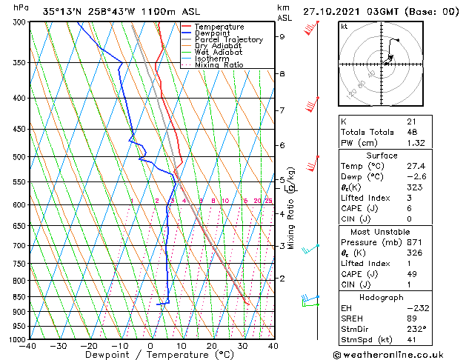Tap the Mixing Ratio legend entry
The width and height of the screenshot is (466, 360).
pos(219,65)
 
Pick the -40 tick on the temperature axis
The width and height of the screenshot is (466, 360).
pos(28,346)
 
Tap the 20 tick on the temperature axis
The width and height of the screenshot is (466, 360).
pos(211,346)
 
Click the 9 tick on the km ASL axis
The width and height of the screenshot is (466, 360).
pos(282,36)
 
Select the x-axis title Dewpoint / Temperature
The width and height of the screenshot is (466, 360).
pos(150,356)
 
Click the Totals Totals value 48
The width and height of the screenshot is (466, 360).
pos(411,132)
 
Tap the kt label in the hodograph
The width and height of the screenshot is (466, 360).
pos(344,27)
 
